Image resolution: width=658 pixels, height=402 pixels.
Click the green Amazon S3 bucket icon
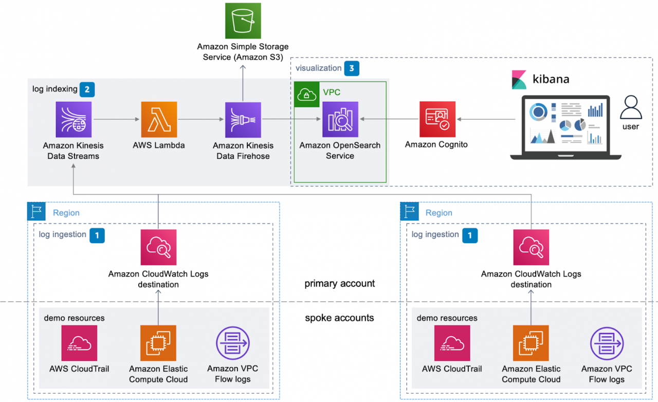(243, 21)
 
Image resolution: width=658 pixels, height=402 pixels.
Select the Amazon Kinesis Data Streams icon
(74, 119)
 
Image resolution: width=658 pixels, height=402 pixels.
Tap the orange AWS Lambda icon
(158, 119)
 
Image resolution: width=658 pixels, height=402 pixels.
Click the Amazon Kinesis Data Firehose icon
(243, 119)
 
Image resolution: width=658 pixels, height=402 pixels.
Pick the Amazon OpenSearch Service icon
(340, 119)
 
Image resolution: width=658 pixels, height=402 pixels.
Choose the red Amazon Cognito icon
(437, 119)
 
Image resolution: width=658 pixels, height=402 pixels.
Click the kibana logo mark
(519, 80)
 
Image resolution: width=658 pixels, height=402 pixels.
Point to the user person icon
(630, 107)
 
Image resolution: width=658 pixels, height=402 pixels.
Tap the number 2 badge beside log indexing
(87, 89)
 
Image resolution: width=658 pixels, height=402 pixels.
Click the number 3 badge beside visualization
(352, 68)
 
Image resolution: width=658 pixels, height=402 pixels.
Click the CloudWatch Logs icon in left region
(158, 247)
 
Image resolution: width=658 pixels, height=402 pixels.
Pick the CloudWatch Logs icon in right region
(531, 247)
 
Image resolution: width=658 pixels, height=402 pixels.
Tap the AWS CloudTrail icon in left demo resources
(79, 343)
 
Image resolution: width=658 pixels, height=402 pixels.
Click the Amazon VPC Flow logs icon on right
(607, 343)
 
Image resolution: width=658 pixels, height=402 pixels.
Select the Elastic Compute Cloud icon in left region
(158, 343)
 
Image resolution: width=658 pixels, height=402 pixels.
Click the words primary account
(339, 284)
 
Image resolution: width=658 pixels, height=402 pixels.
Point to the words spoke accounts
(339, 318)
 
